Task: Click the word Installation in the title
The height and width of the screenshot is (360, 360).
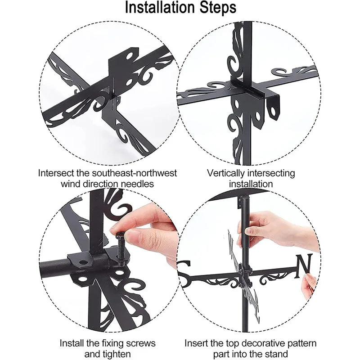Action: (155, 8)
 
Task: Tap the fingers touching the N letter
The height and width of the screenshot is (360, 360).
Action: (309, 284)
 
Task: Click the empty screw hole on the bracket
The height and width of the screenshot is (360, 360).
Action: (84, 261)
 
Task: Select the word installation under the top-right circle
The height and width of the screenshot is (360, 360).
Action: (251, 184)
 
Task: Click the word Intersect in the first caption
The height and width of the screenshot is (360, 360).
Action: (57, 173)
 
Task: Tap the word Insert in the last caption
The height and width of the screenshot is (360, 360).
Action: (196, 343)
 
